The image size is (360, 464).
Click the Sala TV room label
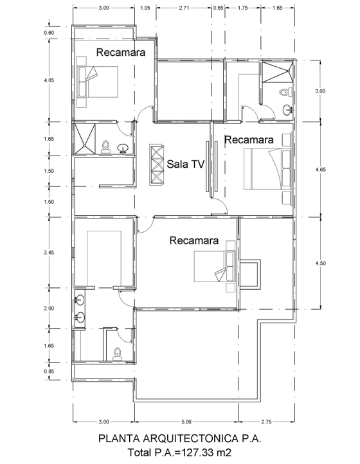(x=186, y=164)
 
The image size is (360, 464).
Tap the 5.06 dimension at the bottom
(x=186, y=422)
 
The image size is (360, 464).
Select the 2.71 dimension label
(x=184, y=8)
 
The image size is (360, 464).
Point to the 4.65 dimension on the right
(x=320, y=170)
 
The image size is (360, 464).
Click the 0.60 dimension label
(x=49, y=33)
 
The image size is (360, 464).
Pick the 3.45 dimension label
(x=49, y=253)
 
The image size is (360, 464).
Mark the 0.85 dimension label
(x=49, y=371)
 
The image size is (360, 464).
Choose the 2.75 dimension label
(x=266, y=422)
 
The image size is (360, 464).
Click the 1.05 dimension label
(x=145, y=8)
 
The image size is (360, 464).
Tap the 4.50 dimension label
(x=320, y=263)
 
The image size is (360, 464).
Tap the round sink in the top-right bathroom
(x=288, y=110)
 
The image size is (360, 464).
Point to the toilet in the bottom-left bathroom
(x=117, y=353)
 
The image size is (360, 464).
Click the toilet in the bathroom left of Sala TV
(x=105, y=147)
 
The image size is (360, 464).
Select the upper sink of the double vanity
(x=79, y=299)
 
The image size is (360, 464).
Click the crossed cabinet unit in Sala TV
(x=157, y=165)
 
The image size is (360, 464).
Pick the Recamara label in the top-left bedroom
(x=121, y=53)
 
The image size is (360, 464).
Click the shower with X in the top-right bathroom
(x=278, y=71)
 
